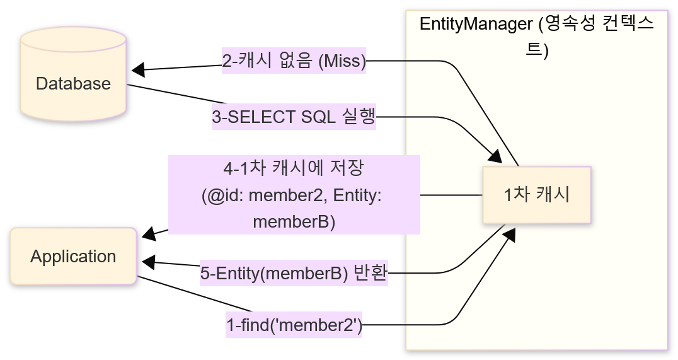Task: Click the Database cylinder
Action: [x=73, y=83]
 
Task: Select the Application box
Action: [x=73, y=257]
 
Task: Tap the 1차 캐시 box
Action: [x=537, y=195]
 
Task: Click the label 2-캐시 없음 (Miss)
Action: [x=294, y=61]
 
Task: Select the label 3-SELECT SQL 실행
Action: [x=294, y=117]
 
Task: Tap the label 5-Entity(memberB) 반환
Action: [x=294, y=273]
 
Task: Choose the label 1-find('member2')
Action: [x=294, y=325]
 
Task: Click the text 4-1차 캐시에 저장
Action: [x=294, y=168]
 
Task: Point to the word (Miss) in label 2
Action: [x=342, y=61]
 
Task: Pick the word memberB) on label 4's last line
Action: [x=294, y=221]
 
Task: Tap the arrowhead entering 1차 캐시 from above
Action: [x=496, y=157]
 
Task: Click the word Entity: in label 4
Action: [x=357, y=195]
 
